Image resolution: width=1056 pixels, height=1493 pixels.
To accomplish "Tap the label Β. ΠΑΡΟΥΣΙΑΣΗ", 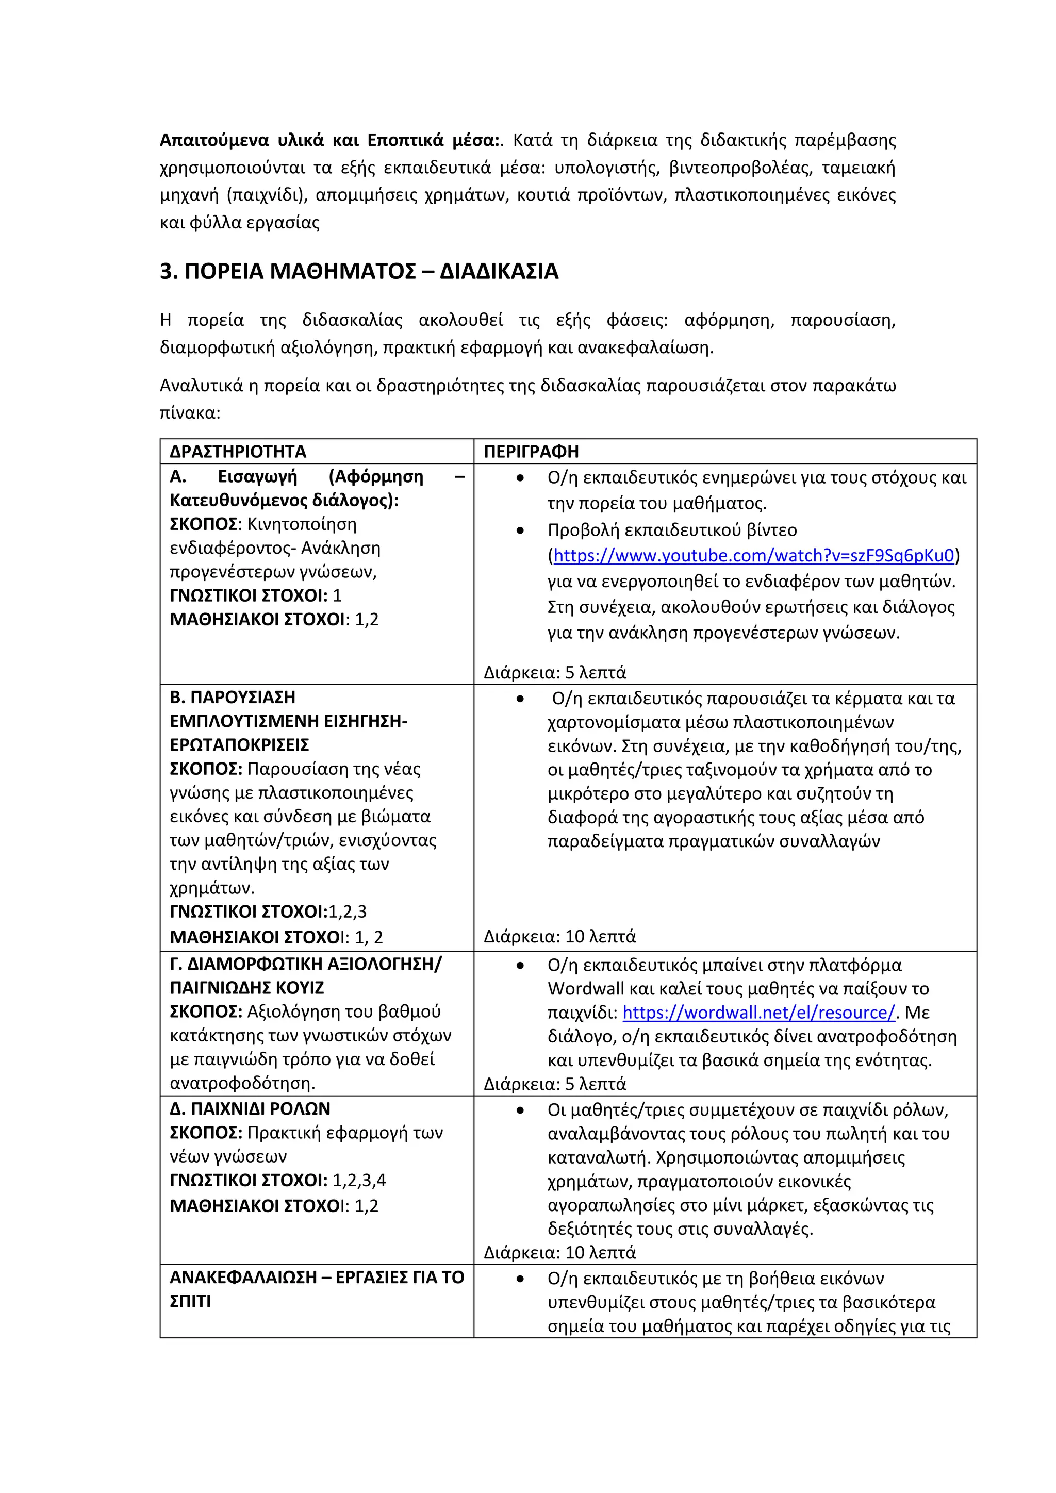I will [x=232, y=697].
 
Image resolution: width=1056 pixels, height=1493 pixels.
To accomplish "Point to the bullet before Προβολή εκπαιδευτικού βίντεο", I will [x=520, y=530].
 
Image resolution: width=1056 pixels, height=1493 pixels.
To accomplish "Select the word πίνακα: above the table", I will [x=190, y=413].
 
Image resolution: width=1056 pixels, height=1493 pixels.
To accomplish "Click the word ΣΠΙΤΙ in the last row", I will [x=190, y=1301].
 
